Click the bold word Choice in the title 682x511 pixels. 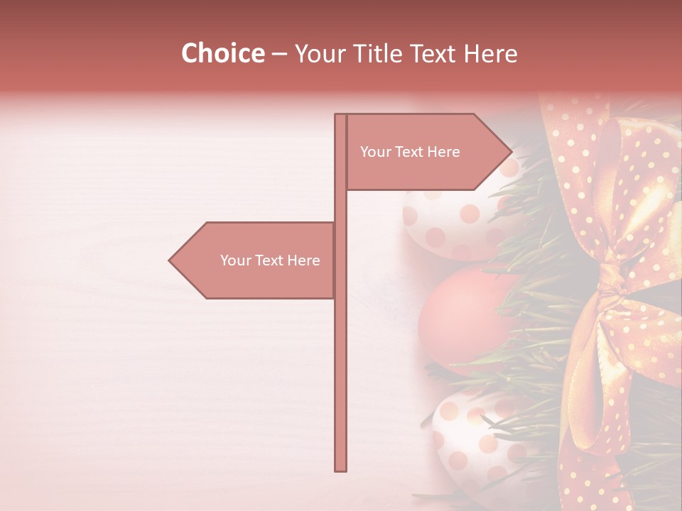[x=222, y=53]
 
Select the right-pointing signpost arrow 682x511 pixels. [x=426, y=152]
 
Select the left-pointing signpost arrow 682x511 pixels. [x=256, y=260]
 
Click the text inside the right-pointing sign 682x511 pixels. [x=410, y=152]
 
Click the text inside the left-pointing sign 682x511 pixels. [x=270, y=260]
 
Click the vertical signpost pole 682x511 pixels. [x=340, y=355]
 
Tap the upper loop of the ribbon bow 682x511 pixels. [x=625, y=185]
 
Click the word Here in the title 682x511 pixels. [x=490, y=53]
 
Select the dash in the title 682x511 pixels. [x=279, y=53]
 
